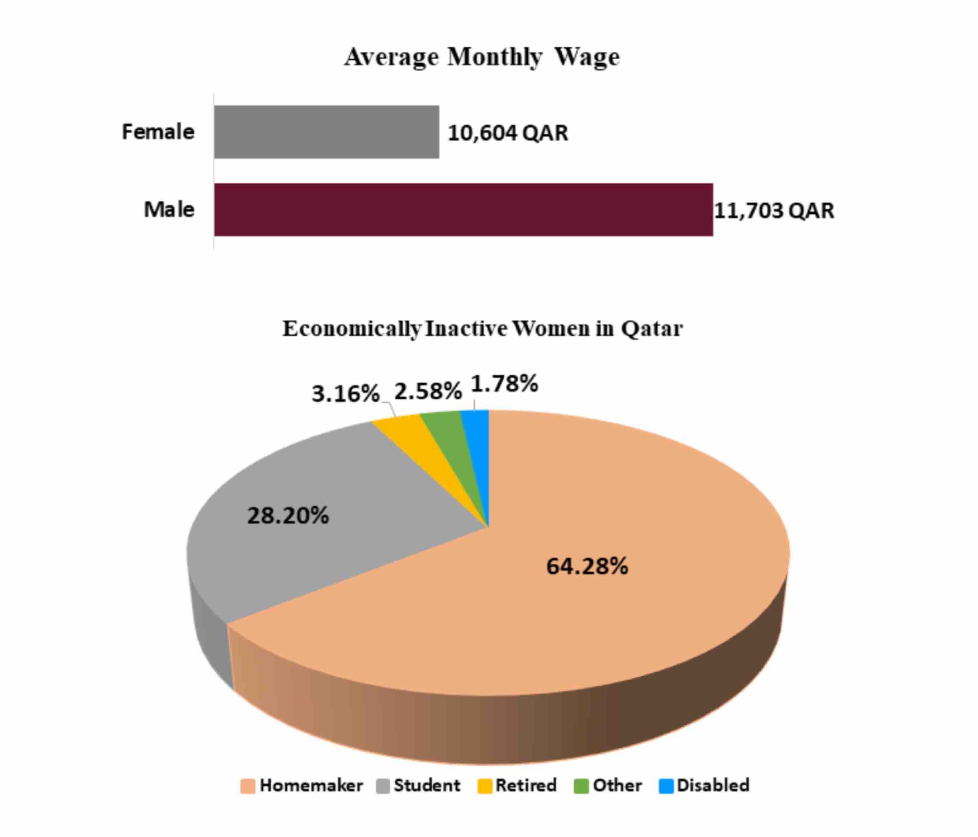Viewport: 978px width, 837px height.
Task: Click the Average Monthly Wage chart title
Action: coord(481,57)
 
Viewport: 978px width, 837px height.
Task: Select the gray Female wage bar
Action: coord(326,132)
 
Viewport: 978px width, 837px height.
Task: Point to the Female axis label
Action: coord(158,132)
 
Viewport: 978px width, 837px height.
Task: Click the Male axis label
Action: coord(168,210)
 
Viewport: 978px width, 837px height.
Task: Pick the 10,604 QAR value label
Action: coord(507,133)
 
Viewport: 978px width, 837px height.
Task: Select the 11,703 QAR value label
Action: coord(774,210)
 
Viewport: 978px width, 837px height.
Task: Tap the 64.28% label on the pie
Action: coord(587,566)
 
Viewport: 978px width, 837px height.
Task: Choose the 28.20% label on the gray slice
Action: coord(288,516)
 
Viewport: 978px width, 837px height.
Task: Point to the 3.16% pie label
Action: coord(345,393)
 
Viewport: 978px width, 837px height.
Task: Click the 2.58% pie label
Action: coord(428,391)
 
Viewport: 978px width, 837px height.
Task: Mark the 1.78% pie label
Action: coord(504,383)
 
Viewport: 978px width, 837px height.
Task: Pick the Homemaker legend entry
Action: coord(302,785)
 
